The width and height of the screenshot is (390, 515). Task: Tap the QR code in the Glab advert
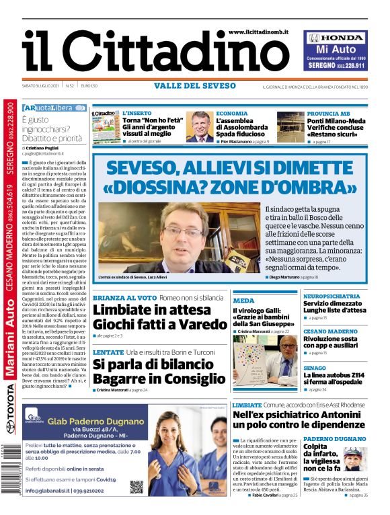136,486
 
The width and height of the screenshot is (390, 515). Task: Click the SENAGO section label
314,368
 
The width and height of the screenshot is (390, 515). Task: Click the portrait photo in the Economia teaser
200,126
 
